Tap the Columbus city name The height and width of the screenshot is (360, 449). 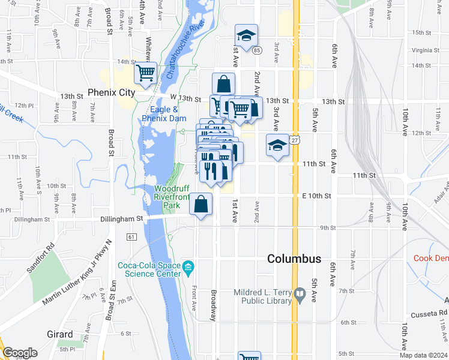tap(294, 259)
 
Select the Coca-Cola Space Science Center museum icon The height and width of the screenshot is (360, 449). tap(188, 266)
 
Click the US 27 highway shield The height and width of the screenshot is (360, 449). tap(295, 140)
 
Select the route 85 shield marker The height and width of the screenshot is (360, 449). tap(256, 50)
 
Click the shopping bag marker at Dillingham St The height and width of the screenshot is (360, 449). tap(201, 203)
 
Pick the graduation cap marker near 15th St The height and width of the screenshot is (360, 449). tap(246, 36)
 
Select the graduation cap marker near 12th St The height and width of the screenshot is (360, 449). tap(277, 146)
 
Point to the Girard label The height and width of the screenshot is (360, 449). tap(60, 334)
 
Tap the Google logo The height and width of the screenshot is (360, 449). tap(20, 353)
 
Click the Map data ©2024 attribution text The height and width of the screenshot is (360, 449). tap(423, 355)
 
